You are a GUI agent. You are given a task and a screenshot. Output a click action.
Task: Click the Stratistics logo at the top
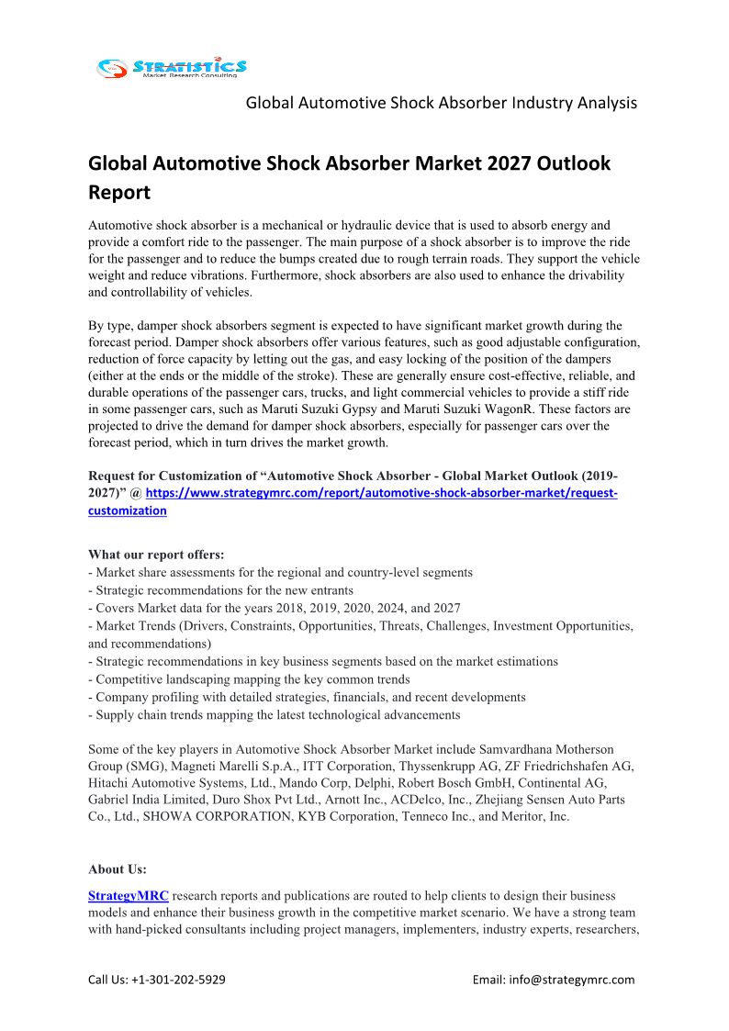(x=172, y=67)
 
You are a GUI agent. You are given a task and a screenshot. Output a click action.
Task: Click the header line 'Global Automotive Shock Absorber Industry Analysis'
(x=441, y=103)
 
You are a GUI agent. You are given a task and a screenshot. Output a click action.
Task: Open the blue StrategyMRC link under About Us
(x=128, y=895)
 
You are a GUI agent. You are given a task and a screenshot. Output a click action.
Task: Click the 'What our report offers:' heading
(x=156, y=555)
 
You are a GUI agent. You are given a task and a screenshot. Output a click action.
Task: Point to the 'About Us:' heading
(x=118, y=869)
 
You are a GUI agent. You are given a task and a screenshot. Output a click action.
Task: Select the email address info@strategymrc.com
(x=578, y=980)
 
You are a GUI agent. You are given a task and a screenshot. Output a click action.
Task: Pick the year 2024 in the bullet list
(x=401, y=608)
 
